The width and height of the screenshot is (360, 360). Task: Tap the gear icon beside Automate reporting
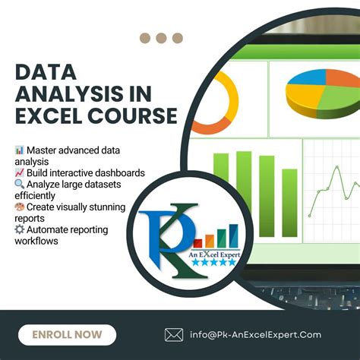[19, 229]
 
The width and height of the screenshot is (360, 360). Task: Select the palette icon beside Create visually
[19, 207]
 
